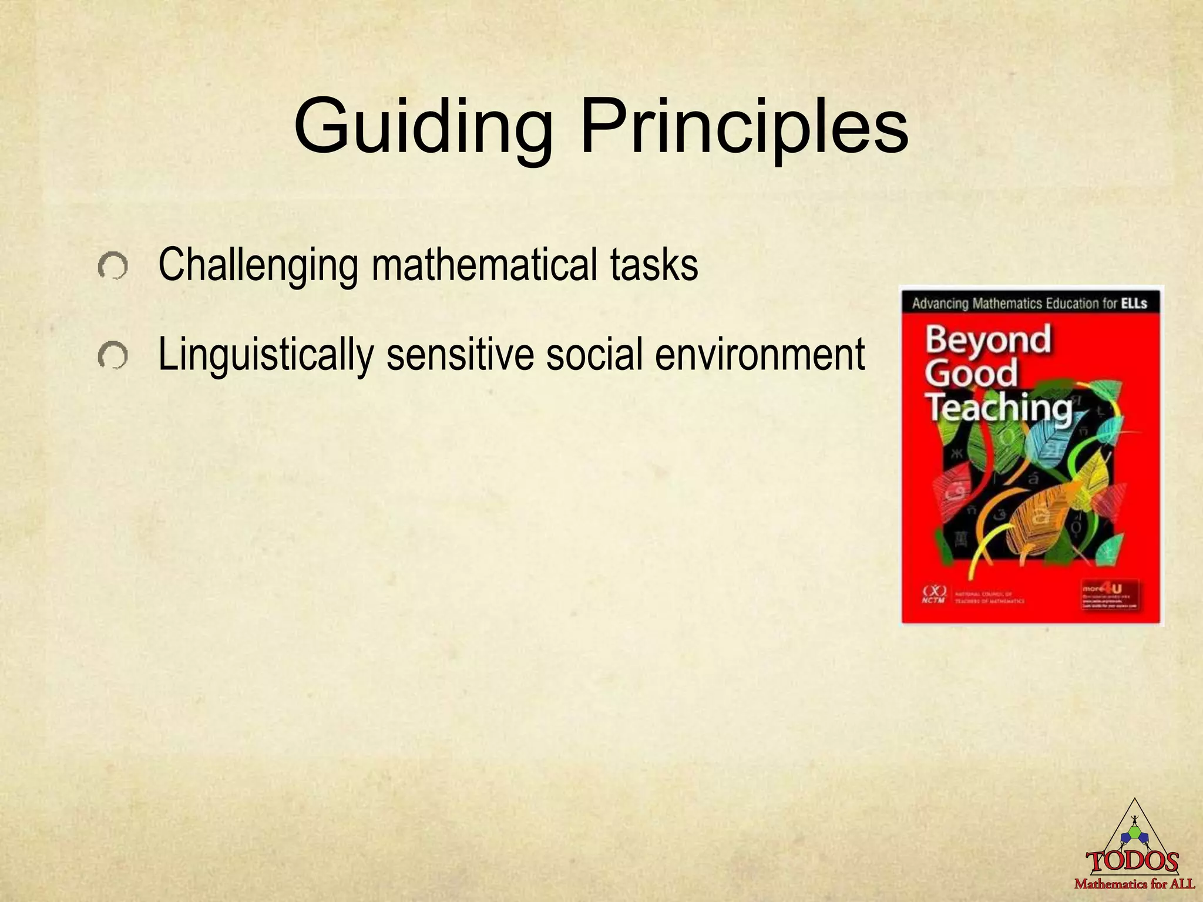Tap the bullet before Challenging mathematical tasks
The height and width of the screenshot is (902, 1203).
(x=113, y=267)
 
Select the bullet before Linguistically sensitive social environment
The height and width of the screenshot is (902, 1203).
(x=113, y=356)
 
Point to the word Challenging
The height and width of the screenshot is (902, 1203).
(x=258, y=265)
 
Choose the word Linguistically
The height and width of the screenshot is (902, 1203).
(x=266, y=355)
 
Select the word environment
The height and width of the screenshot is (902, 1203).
(x=760, y=355)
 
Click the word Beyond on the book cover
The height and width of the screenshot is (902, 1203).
(x=987, y=340)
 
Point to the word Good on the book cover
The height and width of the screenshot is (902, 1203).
(x=970, y=373)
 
